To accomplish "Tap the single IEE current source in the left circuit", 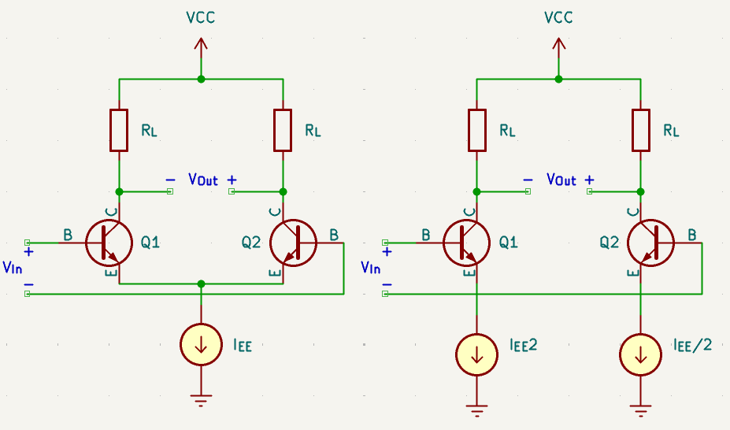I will point(202,345).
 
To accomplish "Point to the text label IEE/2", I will point(692,344).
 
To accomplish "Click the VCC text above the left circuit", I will point(201,17).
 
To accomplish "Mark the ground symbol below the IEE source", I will point(202,400).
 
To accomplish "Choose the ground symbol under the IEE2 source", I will point(476,409).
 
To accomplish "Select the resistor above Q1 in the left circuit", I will point(119,130).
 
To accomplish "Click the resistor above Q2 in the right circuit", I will point(640,130).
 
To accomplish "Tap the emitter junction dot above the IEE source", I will point(202,284).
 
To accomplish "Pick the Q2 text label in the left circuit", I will point(250,243).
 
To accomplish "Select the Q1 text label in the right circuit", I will point(509,243).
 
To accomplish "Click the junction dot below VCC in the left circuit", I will point(202,79).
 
